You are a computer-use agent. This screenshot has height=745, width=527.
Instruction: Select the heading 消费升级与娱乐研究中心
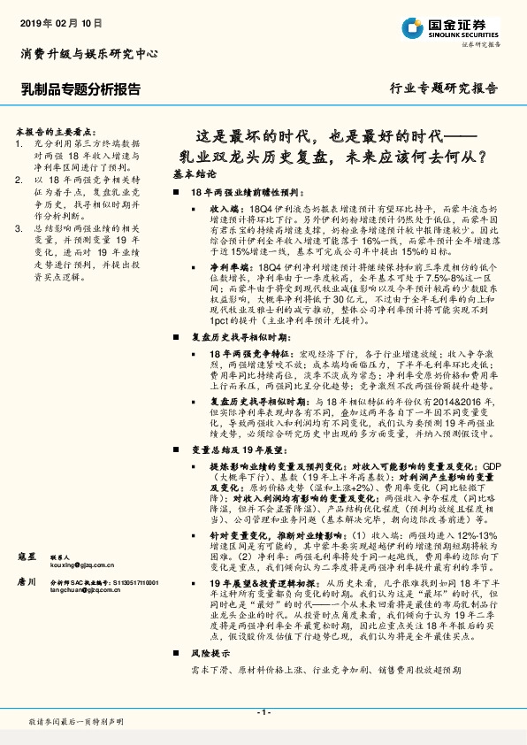pyautogui.click(x=88, y=54)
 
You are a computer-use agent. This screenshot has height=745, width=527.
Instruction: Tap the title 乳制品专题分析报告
pyautogui.click(x=79, y=88)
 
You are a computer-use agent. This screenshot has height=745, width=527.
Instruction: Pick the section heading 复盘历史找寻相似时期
pyautogui.click(x=238, y=339)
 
